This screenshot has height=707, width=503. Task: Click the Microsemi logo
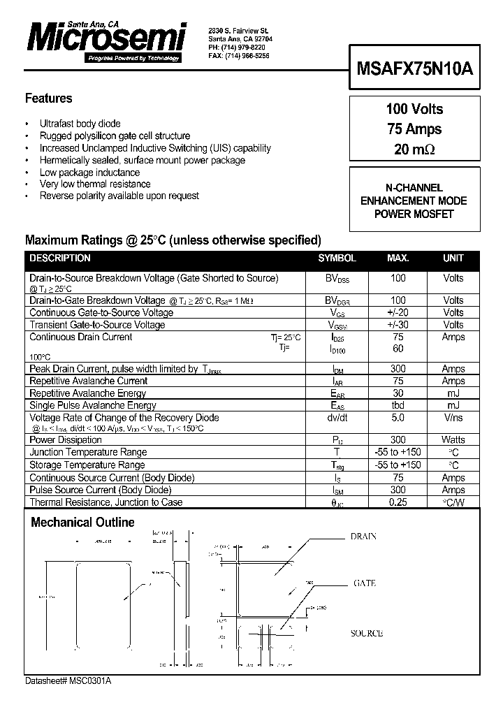(104, 38)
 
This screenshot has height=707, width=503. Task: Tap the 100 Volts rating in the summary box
(414, 109)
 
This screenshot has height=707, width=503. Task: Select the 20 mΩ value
(414, 149)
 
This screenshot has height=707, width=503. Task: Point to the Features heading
(48, 99)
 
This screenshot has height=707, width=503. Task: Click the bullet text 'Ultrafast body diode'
(80, 124)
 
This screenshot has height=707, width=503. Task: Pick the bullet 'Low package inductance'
(89, 172)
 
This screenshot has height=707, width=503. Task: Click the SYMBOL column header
(337, 258)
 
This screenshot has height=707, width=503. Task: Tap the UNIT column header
(453, 258)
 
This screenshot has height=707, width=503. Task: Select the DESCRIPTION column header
(60, 258)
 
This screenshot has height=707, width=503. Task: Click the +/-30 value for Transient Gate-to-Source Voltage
(397, 324)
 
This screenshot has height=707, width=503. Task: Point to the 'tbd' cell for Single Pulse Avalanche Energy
(397, 405)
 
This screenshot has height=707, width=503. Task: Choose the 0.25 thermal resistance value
(397, 502)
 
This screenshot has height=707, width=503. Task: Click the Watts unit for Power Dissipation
(453, 440)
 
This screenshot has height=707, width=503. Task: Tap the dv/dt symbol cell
(337, 418)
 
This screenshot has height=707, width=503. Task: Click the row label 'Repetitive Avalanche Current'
(88, 381)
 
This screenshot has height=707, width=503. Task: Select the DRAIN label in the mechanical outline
(363, 537)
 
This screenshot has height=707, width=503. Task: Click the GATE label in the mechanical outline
(365, 583)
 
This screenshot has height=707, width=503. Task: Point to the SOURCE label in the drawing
(366, 633)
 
